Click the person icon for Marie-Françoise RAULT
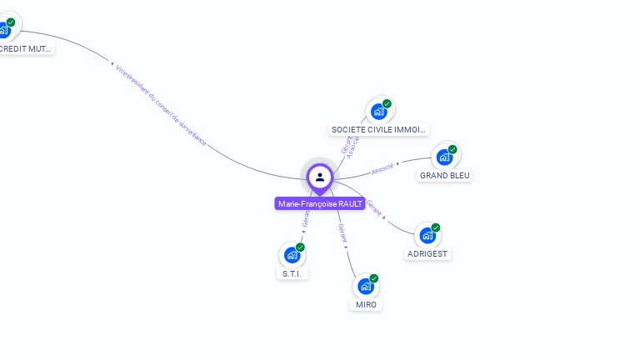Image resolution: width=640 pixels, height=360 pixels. (320, 177)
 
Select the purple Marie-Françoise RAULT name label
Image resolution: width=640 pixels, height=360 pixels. (320, 203)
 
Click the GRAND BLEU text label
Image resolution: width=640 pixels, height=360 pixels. (445, 176)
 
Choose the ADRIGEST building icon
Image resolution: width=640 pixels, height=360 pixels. (427, 236)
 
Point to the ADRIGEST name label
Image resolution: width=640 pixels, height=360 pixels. (428, 253)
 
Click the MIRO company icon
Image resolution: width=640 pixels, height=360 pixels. (365, 287)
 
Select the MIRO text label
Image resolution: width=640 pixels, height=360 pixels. (366, 304)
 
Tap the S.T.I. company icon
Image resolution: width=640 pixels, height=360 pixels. (292, 255)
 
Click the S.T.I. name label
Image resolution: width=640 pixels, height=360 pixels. (292, 273)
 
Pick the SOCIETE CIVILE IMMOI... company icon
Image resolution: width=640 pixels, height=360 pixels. (379, 112)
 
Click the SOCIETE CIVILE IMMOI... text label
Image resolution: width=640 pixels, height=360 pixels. (379, 129)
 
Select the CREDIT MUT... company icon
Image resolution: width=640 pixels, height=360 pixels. (4, 31)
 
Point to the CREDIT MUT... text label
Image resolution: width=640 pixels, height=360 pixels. (25, 49)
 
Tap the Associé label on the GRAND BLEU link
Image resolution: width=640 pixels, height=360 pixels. (383, 167)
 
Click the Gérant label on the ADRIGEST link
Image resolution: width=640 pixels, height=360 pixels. (374, 209)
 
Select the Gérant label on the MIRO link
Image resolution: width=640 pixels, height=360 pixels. (342, 232)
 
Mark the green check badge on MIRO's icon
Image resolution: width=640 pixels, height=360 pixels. (373, 278)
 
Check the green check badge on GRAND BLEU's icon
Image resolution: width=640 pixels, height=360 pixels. (452, 150)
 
